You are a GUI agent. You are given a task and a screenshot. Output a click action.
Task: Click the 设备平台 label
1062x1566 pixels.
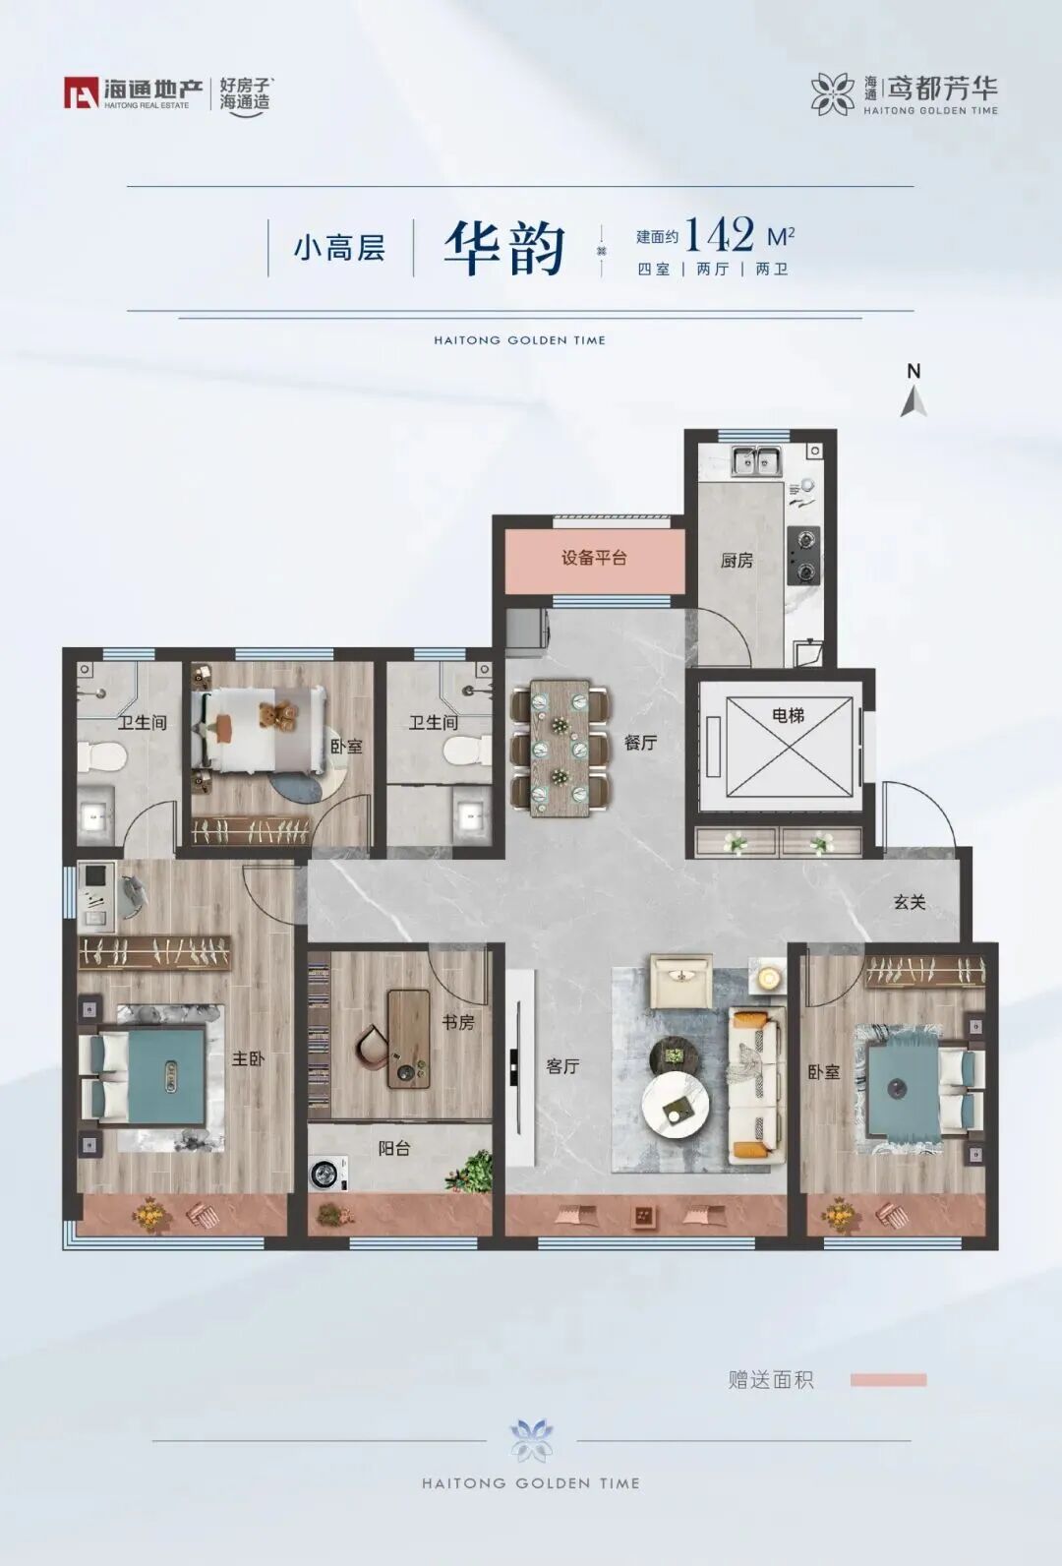(594, 558)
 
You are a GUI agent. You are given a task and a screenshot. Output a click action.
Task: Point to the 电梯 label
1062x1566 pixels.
(788, 715)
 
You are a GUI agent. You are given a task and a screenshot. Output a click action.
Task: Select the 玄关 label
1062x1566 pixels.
(910, 902)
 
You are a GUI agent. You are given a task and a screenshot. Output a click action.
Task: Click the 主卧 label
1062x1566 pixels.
(248, 1058)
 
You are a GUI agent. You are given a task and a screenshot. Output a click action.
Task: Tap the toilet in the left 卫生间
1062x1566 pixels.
(102, 755)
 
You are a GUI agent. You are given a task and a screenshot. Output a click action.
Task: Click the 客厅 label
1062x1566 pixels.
(562, 1066)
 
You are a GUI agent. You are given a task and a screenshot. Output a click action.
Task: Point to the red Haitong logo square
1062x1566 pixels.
(81, 92)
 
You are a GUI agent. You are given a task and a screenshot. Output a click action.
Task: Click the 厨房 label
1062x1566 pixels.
(737, 560)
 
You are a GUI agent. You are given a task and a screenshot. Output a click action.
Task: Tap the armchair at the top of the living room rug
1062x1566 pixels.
(681, 981)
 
